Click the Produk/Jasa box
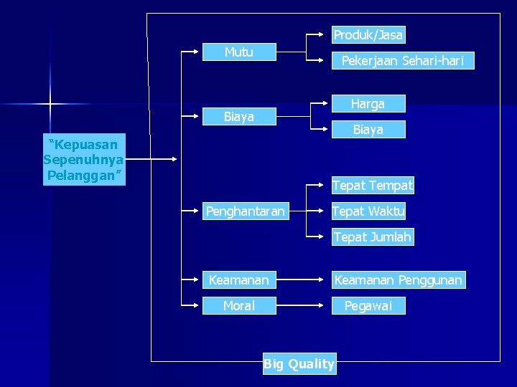point(368,34)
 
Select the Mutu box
point(239,52)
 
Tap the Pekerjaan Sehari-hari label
point(402,61)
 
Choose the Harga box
point(368,104)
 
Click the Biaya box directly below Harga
point(368,130)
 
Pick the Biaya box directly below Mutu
point(239,117)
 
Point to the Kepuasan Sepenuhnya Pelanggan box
point(83,159)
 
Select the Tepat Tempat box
point(373,186)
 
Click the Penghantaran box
point(245,211)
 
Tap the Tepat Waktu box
point(368,211)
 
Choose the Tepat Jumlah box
point(373,237)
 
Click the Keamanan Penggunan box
point(399,280)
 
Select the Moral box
point(239,306)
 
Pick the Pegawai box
point(368,306)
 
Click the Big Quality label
point(299,364)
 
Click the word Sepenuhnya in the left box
point(83,159)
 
